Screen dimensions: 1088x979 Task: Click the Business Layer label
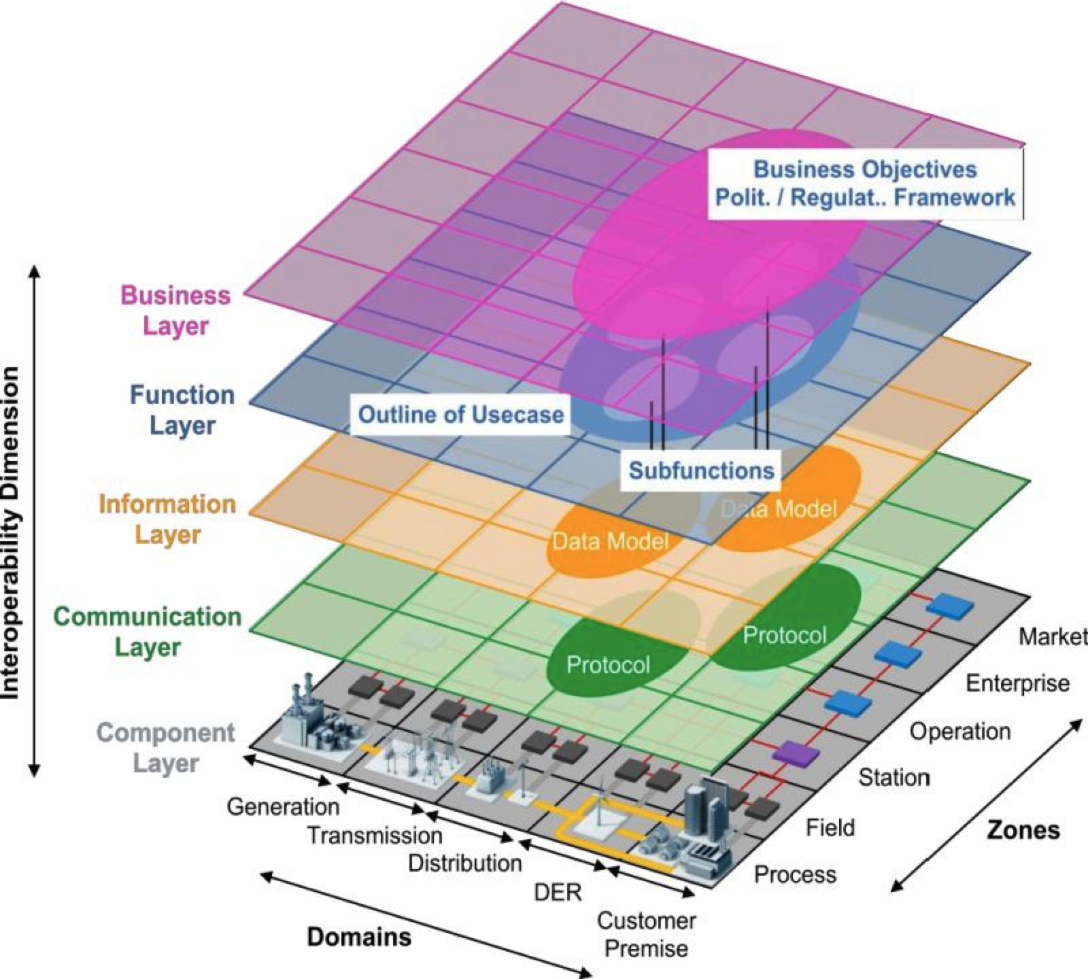coord(175,310)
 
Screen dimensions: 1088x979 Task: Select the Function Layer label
coord(182,409)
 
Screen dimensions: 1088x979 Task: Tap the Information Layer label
coord(167,519)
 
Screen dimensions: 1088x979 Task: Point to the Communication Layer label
coord(147,631)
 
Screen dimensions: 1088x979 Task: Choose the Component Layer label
coord(165,747)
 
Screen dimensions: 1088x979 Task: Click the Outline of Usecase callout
coord(460,414)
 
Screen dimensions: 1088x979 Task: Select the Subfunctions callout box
coord(701,470)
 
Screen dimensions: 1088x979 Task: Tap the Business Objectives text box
coord(865,184)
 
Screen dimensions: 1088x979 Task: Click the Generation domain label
coord(283,806)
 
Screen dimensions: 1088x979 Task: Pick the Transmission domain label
coord(375,835)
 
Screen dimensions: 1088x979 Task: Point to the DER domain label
coord(558,892)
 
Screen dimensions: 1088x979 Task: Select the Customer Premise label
coord(646,934)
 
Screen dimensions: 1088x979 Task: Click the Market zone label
coord(1053,636)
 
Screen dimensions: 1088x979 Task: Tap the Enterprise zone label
coord(1017,683)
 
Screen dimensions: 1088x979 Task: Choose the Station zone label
coord(894,776)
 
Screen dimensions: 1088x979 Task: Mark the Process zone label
coord(795,874)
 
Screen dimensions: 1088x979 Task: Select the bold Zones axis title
coord(1023,830)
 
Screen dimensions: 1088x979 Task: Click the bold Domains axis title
coord(359,937)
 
